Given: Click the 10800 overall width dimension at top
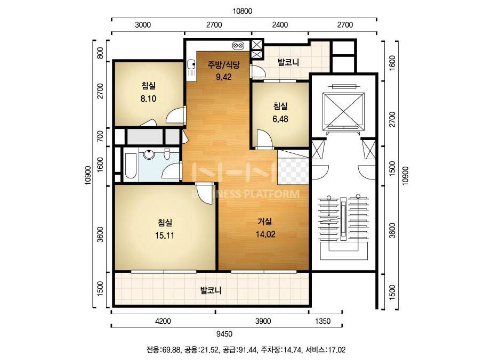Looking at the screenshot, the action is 242,11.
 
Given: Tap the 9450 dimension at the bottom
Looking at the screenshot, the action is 224,334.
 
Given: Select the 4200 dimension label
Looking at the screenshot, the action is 163,321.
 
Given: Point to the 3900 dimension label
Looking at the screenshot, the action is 263,321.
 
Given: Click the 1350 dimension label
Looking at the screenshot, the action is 322,321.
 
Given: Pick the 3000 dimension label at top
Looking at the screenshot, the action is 143,25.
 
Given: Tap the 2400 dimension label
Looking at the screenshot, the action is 280,25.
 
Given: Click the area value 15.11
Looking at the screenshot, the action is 164,235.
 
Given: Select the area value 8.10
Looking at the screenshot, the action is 148,99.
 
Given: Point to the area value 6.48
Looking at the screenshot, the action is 280,119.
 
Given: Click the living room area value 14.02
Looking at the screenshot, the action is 265,234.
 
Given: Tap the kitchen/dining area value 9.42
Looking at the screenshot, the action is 224,77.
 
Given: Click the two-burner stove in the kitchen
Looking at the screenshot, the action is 238,46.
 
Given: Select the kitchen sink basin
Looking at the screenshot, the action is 191,65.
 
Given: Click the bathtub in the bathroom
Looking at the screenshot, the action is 130,165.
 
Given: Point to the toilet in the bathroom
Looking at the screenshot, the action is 167,154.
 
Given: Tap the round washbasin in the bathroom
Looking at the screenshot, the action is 148,154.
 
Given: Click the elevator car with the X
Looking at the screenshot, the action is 343,111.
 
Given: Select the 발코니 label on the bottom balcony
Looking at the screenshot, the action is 211,290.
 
